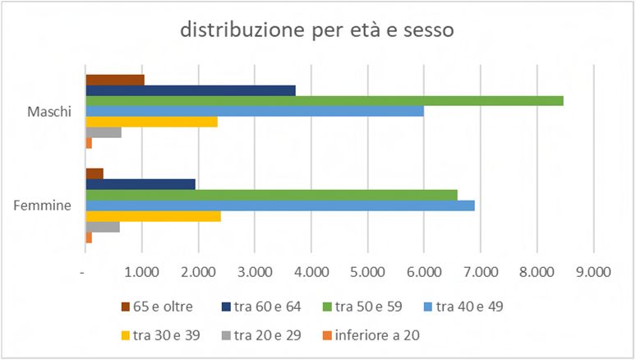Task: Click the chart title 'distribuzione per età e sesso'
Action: click(318, 30)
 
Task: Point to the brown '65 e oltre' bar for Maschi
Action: click(115, 80)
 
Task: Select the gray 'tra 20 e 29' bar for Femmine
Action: click(103, 227)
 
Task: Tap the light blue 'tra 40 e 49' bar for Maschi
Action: click(255, 111)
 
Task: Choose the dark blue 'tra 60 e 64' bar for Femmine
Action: click(141, 184)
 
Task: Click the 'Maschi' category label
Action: click(50, 111)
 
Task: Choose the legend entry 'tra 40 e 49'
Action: click(469, 307)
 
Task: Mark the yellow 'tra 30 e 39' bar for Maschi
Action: click(152, 122)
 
